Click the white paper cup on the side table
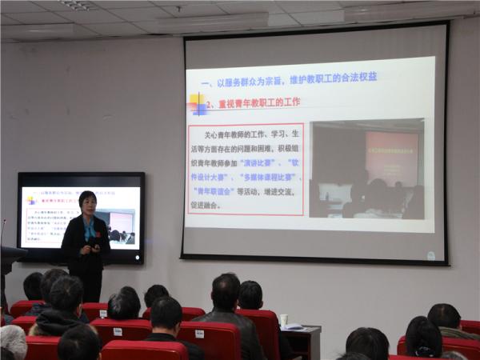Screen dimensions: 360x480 click(x=283, y=319)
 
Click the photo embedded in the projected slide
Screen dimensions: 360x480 click(x=366, y=169)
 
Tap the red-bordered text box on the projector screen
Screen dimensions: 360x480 click(x=246, y=169)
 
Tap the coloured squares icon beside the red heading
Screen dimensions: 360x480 click(x=196, y=104)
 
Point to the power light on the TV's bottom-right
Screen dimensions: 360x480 click(x=140, y=259)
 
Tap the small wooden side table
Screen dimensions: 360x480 click(x=302, y=341)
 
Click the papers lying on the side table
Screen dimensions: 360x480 click(x=294, y=326)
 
